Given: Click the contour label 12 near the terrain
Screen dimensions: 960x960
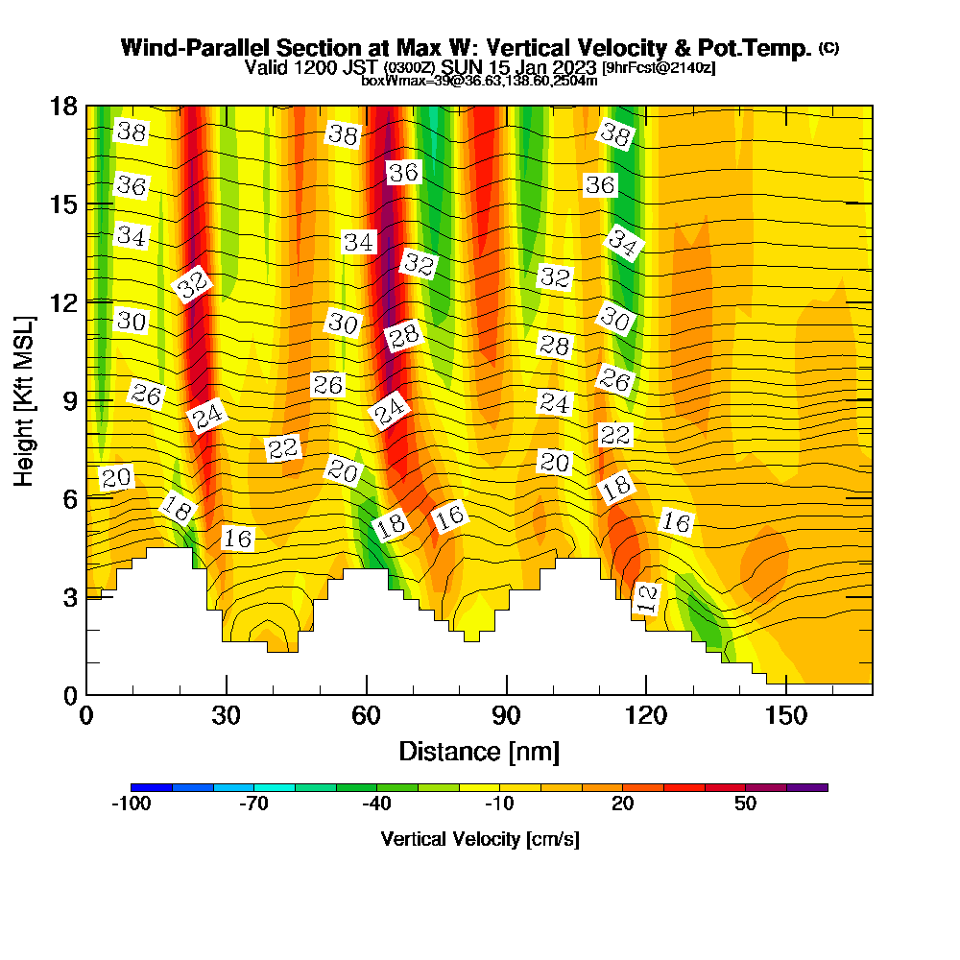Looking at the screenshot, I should (x=649, y=599).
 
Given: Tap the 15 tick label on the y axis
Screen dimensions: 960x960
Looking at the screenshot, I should (x=63, y=204).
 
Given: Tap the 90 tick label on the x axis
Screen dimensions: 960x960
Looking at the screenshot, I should (x=506, y=716).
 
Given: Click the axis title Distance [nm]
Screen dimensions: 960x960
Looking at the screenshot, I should (x=479, y=750).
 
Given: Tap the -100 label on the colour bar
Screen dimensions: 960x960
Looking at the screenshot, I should (x=132, y=804).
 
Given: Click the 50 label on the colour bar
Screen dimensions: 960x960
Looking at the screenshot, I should (x=746, y=804).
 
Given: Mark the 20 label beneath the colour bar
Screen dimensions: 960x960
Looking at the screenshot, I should (x=623, y=804).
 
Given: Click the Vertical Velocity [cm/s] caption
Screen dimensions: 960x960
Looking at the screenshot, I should (x=479, y=839).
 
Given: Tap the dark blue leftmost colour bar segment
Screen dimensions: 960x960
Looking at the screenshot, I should (x=152, y=787).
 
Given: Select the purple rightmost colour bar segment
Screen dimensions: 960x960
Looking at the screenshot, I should (x=806, y=787).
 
